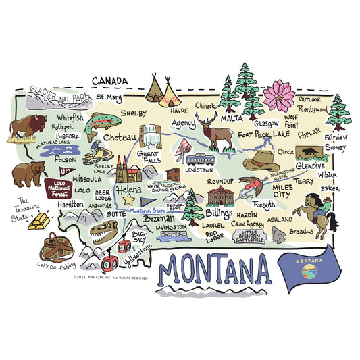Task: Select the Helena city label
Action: [x=129, y=190]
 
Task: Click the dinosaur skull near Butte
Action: [x=107, y=233]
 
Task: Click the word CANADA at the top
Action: [x=109, y=81]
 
